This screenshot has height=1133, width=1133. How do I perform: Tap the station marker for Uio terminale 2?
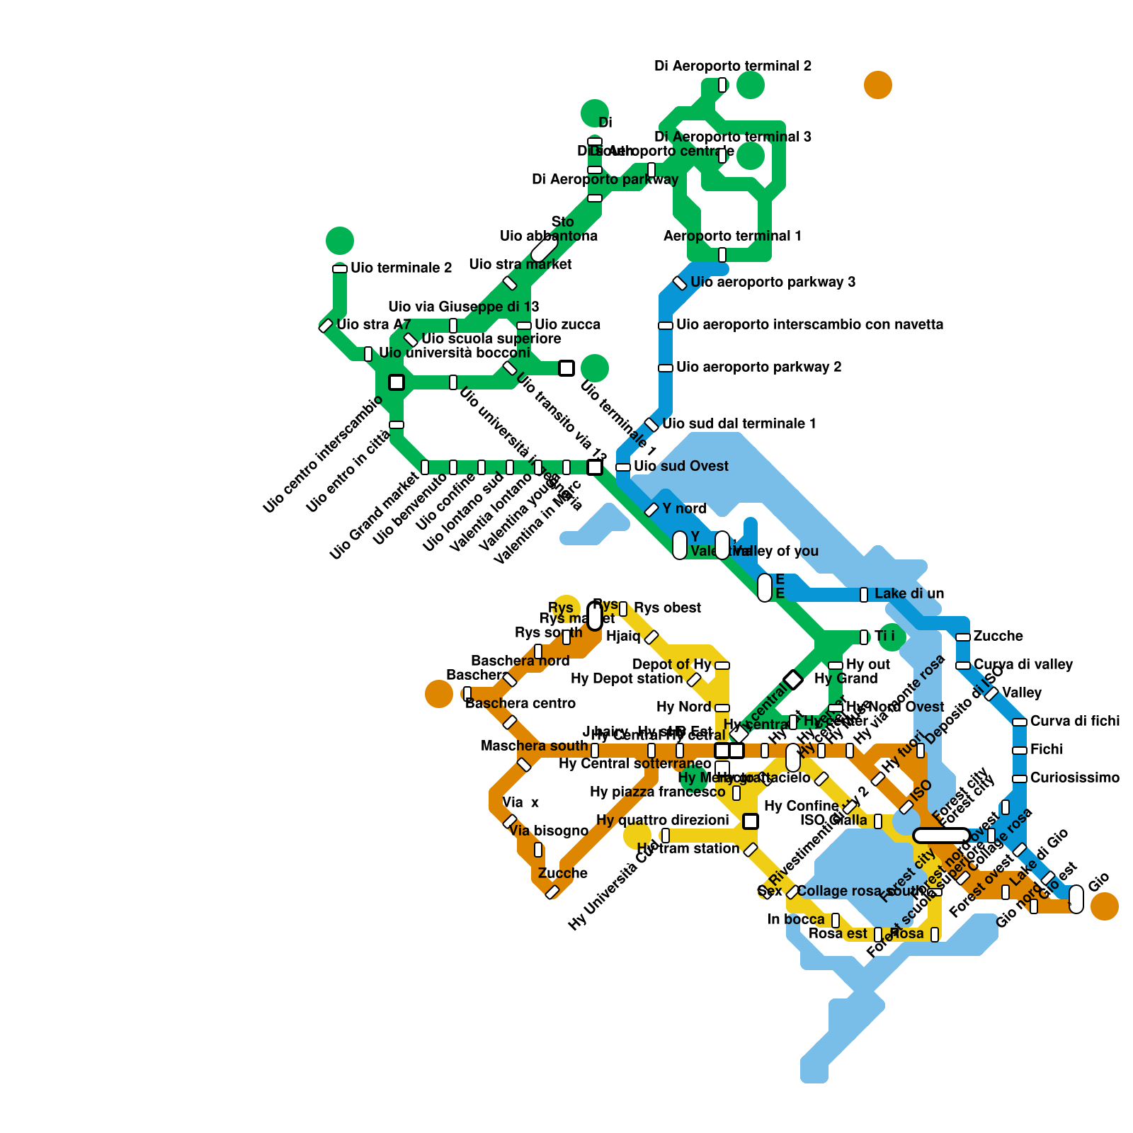click(340, 269)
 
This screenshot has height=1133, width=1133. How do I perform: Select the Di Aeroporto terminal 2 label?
click(733, 67)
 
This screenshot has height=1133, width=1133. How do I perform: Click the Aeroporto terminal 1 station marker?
click(722, 255)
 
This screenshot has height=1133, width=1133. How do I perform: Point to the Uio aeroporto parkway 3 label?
click(773, 283)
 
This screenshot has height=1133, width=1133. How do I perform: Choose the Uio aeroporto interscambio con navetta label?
click(809, 325)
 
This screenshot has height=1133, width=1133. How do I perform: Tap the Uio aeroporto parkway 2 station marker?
click(666, 368)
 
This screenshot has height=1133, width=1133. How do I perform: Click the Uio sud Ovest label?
click(681, 467)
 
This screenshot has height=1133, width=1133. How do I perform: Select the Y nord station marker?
click(651, 510)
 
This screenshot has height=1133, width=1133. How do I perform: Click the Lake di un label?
click(909, 594)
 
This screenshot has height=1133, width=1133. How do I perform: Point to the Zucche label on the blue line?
click(998, 637)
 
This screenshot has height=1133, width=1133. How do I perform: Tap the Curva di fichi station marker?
click(1020, 722)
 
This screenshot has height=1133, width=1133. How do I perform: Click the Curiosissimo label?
click(1074, 778)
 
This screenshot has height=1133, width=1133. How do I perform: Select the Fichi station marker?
click(1020, 751)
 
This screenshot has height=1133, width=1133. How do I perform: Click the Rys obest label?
click(667, 608)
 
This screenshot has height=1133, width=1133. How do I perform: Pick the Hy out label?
click(868, 665)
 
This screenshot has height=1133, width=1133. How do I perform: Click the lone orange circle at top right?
click(878, 85)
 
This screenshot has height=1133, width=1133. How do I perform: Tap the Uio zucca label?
click(567, 325)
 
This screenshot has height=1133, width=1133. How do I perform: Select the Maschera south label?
click(534, 746)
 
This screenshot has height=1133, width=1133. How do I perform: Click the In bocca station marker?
click(836, 921)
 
